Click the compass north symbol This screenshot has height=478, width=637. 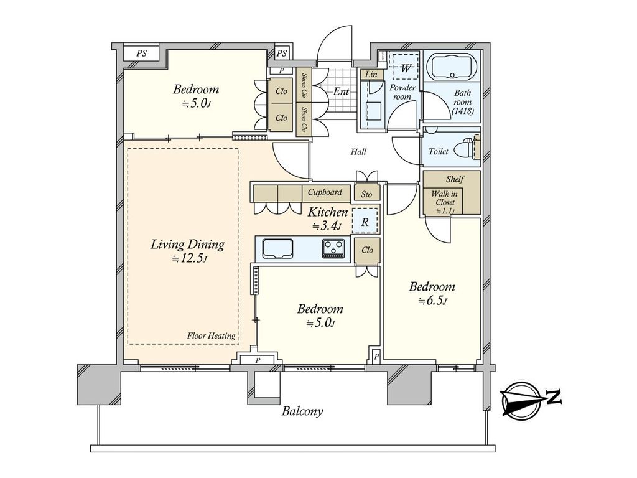pyautogui.click(x=531, y=399)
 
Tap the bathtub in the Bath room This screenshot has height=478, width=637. pyautogui.click(x=452, y=65)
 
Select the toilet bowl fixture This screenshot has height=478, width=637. pyautogui.click(x=467, y=149)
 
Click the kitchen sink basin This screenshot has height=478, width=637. pyautogui.click(x=278, y=248)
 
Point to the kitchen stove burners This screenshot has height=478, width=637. pyautogui.click(x=333, y=248)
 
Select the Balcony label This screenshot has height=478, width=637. pyautogui.click(x=303, y=411)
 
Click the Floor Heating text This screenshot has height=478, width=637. pyautogui.click(x=212, y=335)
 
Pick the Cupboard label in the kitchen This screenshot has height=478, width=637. pyautogui.click(x=325, y=192)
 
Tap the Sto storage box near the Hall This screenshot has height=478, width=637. pyautogui.click(x=366, y=194)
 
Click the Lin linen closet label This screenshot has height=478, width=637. pyautogui.click(x=371, y=74)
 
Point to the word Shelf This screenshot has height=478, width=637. pyautogui.click(x=455, y=179)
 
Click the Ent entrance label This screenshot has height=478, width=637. pyautogui.click(x=342, y=91)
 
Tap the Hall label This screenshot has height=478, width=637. pyautogui.click(x=358, y=152)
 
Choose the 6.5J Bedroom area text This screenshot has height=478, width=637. pyautogui.click(x=432, y=301)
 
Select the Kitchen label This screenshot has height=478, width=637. pyautogui.click(x=327, y=212)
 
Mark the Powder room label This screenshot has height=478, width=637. pyautogui.click(x=402, y=92)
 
